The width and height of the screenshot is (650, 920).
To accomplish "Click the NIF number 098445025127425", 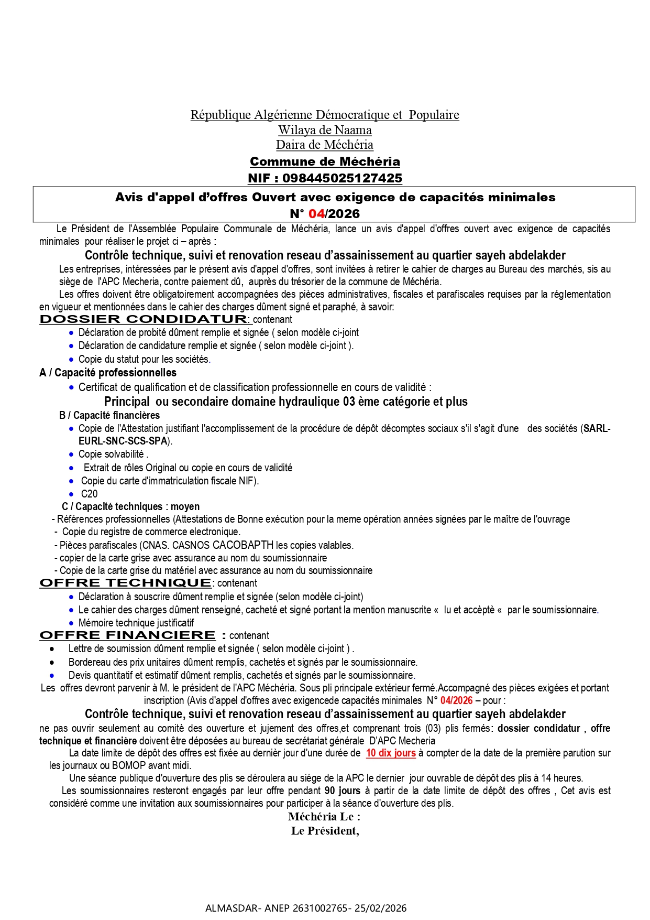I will coord(342,178).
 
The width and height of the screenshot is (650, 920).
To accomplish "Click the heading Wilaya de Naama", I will coord(325,130).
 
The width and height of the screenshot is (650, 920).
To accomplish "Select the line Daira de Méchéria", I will coord(325,145).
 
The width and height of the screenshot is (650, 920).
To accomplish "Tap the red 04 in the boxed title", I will coord(316,214).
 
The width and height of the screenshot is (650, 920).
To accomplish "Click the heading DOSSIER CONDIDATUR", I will coord(144,319).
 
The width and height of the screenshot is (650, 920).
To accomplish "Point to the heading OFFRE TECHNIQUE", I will coord(126,583).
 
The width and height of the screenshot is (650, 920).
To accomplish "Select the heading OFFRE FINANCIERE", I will coord(127,635).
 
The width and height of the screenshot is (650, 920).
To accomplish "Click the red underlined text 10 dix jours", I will coord(391,753).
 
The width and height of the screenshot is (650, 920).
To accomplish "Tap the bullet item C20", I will coord(89,494).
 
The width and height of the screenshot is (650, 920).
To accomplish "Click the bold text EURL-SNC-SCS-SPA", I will coord(124,441).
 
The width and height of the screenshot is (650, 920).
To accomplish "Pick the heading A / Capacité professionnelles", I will coord(108,373).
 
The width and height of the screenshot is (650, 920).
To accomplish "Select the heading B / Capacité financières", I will coord(109,415).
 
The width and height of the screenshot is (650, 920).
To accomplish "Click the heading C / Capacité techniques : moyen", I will coord(130,506).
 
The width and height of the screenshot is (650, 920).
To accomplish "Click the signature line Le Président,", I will coord(325,831).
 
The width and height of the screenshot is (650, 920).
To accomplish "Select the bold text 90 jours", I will coord(343,791).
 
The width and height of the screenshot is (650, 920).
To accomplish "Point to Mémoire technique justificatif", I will coord(136,623).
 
